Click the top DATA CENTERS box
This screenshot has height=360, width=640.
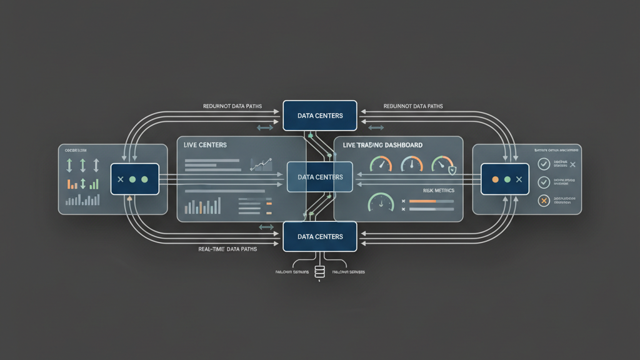coord(320,116)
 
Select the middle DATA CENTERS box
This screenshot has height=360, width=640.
coord(320,177)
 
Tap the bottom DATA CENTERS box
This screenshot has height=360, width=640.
coord(320,237)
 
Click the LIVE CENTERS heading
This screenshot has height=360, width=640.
coord(205,145)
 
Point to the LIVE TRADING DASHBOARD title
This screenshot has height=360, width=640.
coord(382,145)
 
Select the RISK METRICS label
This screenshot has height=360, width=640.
coord(439,190)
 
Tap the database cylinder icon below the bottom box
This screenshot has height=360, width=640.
coord(320,272)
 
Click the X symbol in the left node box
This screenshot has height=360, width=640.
coord(121,179)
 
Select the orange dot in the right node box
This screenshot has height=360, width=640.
coord(495,179)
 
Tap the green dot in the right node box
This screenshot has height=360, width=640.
coord(507,179)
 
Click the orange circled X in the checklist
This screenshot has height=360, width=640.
coord(544,201)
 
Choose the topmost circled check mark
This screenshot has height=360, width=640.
coord(544,164)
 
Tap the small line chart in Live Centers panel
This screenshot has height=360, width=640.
coord(261,164)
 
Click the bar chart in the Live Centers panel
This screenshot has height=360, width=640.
coord(204,206)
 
